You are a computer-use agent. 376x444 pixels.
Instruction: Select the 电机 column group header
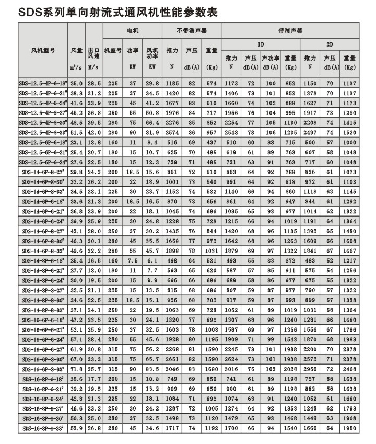pos(132,31)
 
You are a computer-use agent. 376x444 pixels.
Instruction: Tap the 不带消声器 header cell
pos(192,31)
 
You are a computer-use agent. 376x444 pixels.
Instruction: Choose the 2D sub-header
pos(330,44)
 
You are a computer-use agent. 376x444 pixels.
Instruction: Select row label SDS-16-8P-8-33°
pos(43,429)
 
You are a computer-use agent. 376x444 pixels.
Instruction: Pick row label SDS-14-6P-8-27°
pos(43,172)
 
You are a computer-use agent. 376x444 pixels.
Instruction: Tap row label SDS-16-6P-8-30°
pos(43,360)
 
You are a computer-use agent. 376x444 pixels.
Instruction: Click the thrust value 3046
pos(172,369)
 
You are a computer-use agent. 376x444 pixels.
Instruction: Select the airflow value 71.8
pos(77,369)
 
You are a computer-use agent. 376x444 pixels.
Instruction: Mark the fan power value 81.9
pos(152,133)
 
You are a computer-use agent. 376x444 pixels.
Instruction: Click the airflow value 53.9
pos(77,429)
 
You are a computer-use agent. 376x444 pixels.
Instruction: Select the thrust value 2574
pos(172,133)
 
